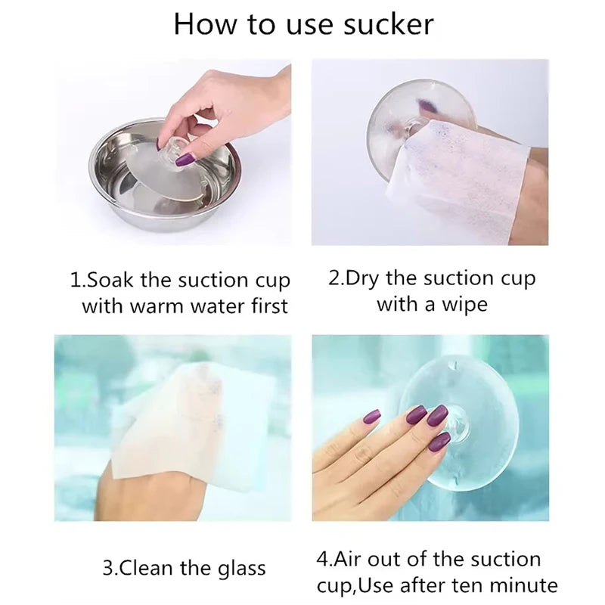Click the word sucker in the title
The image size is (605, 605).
pyautogui.click(x=388, y=25)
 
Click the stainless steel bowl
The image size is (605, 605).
pyautogui.click(x=166, y=175)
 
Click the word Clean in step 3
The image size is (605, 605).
pyautogui.click(x=147, y=568)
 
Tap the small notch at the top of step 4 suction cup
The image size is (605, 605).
pyautogui.click(x=455, y=364)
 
